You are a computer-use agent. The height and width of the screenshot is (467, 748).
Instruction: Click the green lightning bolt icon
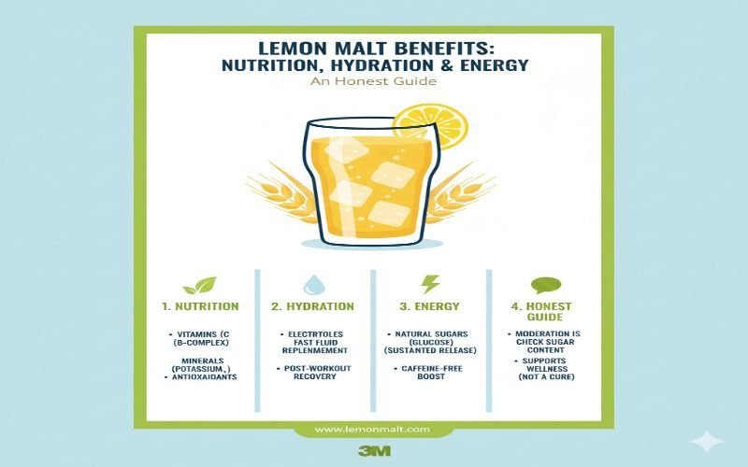click(430, 284)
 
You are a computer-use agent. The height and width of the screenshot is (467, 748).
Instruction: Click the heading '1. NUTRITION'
click(199, 306)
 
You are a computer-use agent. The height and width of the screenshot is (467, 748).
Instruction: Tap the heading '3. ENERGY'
click(430, 306)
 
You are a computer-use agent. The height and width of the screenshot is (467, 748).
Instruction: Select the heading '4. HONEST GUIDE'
click(543, 312)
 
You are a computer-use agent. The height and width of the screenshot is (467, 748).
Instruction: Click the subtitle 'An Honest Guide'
click(374, 82)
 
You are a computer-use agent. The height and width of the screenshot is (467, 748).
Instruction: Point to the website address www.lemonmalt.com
click(372, 429)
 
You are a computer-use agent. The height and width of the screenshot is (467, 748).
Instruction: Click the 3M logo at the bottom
click(374, 450)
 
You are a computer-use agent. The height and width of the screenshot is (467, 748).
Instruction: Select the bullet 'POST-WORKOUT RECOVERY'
click(314, 374)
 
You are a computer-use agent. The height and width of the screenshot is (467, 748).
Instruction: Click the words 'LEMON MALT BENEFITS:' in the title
click(374, 47)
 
